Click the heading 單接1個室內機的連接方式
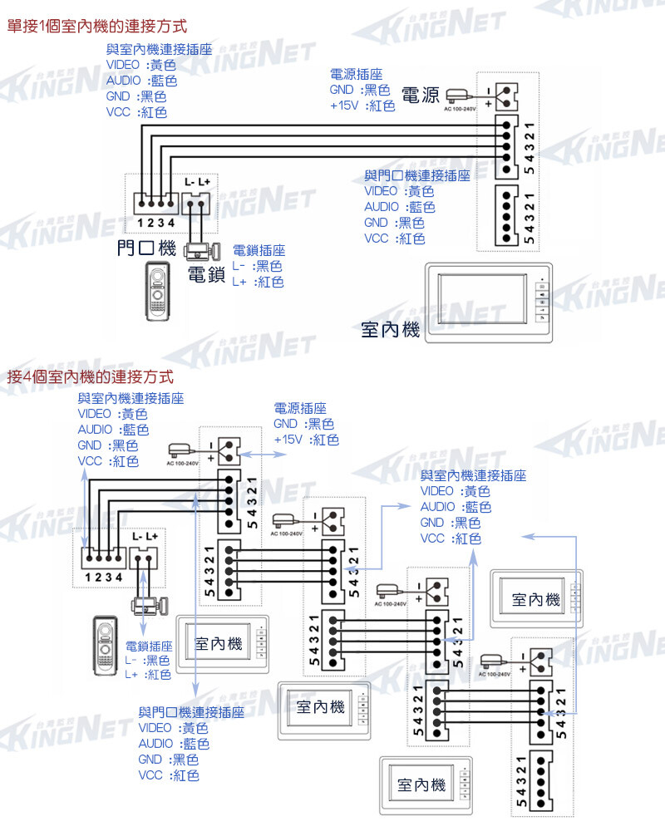click(x=96, y=27)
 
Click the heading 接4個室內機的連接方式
click(x=89, y=376)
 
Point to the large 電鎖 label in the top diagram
click(x=207, y=275)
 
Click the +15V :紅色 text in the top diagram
click(x=362, y=106)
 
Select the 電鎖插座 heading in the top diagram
click(x=259, y=250)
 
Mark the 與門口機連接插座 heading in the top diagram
click(x=417, y=176)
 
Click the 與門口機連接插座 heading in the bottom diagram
click(x=191, y=712)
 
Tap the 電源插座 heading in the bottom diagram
click(x=300, y=408)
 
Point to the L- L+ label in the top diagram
click(x=197, y=181)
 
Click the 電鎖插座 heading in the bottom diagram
click(x=149, y=646)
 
